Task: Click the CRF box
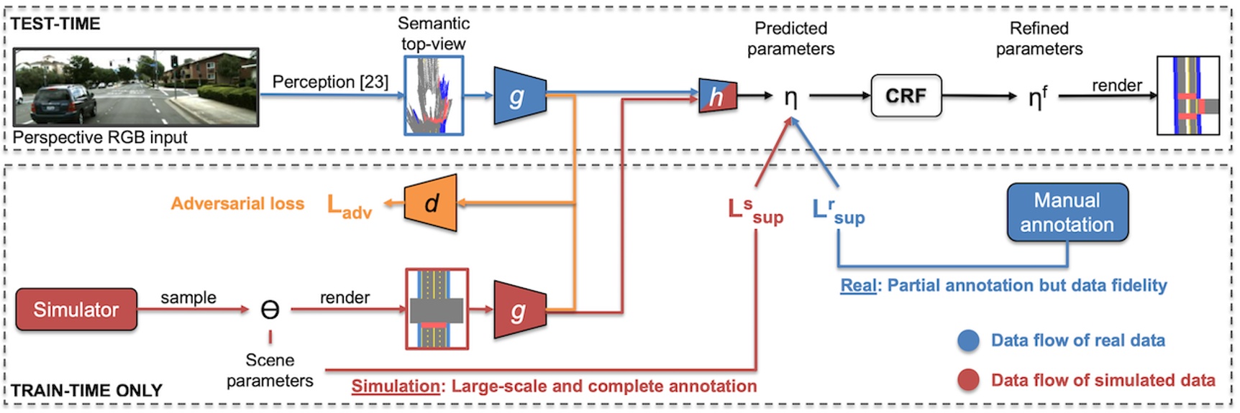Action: tap(906, 96)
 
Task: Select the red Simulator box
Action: tap(76, 310)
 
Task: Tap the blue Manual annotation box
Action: tap(1067, 213)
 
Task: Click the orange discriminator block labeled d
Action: tap(431, 203)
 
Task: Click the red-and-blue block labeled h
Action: tap(717, 96)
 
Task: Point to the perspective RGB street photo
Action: tap(136, 87)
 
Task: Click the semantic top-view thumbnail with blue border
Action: tap(434, 96)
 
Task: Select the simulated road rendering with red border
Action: tap(437, 310)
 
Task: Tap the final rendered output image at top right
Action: tap(1187, 96)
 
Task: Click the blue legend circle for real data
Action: tap(968, 340)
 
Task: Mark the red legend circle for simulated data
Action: tap(968, 380)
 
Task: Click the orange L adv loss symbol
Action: tap(349, 206)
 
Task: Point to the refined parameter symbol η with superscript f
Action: tap(1036, 96)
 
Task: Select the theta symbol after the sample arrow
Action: tap(270, 310)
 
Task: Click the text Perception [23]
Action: tap(330, 82)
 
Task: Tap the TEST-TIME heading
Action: tap(55, 24)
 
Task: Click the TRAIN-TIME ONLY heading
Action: tap(86, 391)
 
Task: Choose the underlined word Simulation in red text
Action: tap(395, 386)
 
